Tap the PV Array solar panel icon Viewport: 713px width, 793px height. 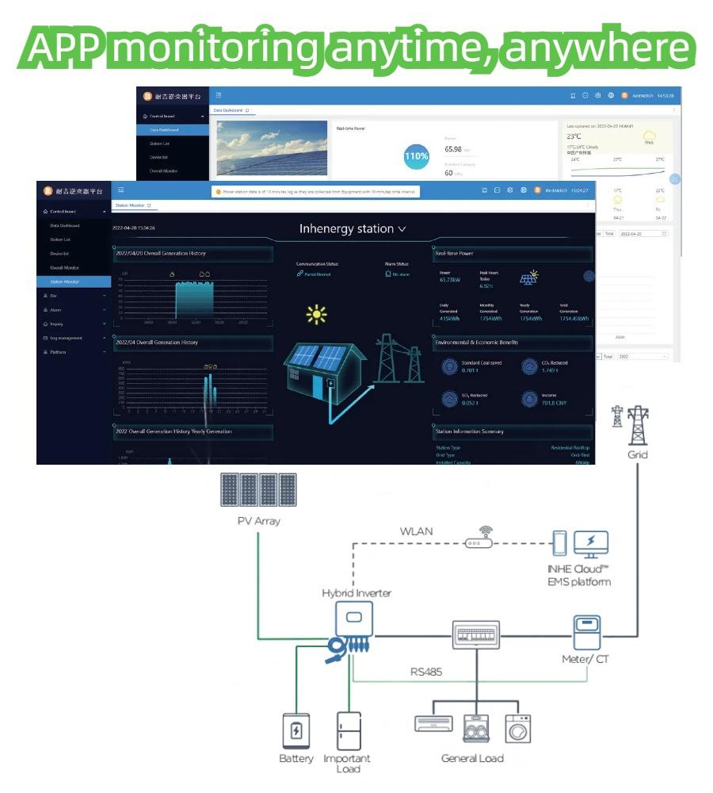click(x=258, y=491)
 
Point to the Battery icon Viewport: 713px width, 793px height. click(x=296, y=730)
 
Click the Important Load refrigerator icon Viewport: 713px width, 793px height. click(x=348, y=730)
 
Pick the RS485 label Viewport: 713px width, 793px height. click(x=426, y=672)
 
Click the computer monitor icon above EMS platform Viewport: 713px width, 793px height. click(x=590, y=545)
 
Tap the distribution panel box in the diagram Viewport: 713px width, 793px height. click(x=475, y=635)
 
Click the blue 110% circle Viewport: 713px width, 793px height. click(x=416, y=156)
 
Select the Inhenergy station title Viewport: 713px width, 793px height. click(x=352, y=228)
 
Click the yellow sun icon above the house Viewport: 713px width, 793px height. click(x=317, y=315)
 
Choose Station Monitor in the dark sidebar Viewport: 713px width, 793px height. click(x=64, y=282)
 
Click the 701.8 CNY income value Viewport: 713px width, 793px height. click(x=554, y=403)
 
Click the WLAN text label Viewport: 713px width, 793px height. click(x=416, y=531)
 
